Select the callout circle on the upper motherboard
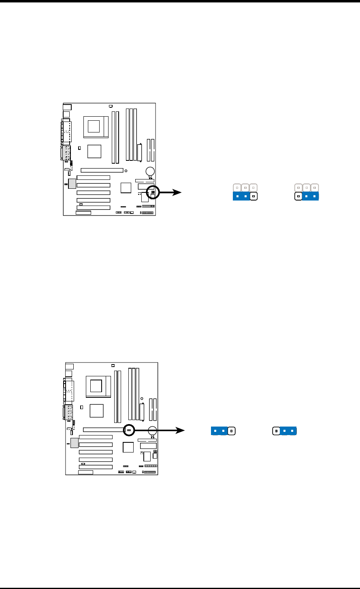[x=153, y=192]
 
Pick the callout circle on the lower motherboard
[x=129, y=430]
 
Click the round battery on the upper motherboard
[x=150, y=171]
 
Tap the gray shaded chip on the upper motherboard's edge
[x=72, y=184]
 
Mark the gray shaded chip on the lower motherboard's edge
[x=75, y=443]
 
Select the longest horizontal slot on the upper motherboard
[x=102, y=170]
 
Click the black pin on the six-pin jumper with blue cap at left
[x=253, y=197]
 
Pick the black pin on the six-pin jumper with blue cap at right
[x=298, y=197]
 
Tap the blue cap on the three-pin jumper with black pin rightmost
[x=219, y=431]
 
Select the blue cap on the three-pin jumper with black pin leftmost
[x=288, y=431]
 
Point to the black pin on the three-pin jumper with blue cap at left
[x=231, y=431]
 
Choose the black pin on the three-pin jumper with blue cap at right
[x=276, y=431]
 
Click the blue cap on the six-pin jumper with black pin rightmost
[x=241, y=197]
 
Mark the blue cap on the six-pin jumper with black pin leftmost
[x=311, y=197]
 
